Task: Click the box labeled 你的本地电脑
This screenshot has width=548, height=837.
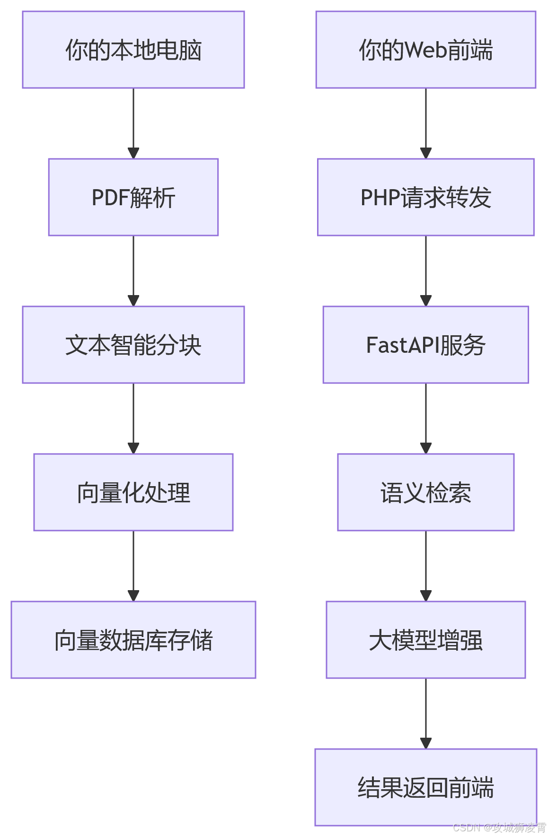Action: pyautogui.click(x=133, y=50)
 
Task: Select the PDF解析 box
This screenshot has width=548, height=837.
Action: pyautogui.click(x=133, y=197)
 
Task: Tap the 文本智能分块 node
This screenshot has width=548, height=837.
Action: pyautogui.click(x=133, y=345)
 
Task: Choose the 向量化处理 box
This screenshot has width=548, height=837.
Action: pyautogui.click(x=133, y=492)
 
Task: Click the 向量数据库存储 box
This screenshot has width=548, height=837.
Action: pyautogui.click(x=133, y=640)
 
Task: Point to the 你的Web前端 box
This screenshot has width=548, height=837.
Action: pyautogui.click(x=425, y=50)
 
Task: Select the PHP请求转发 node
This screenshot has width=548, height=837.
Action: pyautogui.click(x=425, y=197)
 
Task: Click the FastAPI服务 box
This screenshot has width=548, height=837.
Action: pyautogui.click(x=425, y=345)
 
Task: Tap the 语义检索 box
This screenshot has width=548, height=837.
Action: pyautogui.click(x=425, y=492)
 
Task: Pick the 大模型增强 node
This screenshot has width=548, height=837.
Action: pyautogui.click(x=425, y=640)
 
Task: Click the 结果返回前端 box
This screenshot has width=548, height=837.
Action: pyautogui.click(x=425, y=787)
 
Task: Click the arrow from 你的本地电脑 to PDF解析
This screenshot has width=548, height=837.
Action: pyautogui.click(x=133, y=123)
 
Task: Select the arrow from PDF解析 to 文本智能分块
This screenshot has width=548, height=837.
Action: pyautogui.click(x=133, y=270)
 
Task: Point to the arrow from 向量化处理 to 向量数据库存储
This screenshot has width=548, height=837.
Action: pyautogui.click(x=133, y=566)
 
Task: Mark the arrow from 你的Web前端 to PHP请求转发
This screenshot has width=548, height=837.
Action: pyautogui.click(x=426, y=123)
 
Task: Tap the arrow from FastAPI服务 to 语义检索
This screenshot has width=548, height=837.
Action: pyautogui.click(x=426, y=418)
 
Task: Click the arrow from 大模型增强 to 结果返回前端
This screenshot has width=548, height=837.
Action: pyautogui.click(x=426, y=713)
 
